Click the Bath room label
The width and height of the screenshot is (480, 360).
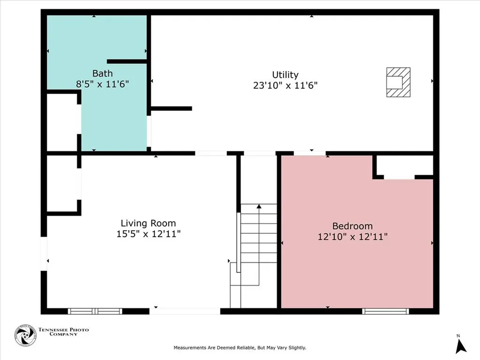(x=103, y=74)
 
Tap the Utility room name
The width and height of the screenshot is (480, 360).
(x=285, y=75)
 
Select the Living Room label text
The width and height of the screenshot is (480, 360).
(x=148, y=224)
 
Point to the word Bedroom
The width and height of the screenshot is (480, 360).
(x=352, y=226)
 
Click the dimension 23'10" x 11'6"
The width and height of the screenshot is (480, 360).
(x=285, y=85)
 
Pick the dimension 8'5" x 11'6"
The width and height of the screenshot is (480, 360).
(x=103, y=84)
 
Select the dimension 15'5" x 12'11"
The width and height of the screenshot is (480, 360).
(x=149, y=234)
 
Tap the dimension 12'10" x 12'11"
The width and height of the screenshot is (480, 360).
(x=352, y=237)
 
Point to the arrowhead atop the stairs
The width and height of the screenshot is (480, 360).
(x=259, y=207)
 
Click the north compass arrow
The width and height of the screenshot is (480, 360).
(x=460, y=346)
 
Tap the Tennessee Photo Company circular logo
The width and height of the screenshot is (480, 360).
(x=25, y=335)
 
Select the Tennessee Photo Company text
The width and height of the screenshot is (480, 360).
(x=63, y=332)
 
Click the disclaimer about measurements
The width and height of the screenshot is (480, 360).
(x=240, y=348)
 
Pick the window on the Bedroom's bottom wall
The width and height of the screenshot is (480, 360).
(x=385, y=311)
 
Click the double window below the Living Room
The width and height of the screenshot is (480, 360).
(x=95, y=311)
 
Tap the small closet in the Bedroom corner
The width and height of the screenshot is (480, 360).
(x=405, y=167)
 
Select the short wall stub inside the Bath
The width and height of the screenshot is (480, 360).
(x=127, y=61)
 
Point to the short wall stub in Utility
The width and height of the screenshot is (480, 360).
(x=172, y=108)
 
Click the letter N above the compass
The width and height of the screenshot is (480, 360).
(x=458, y=336)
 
